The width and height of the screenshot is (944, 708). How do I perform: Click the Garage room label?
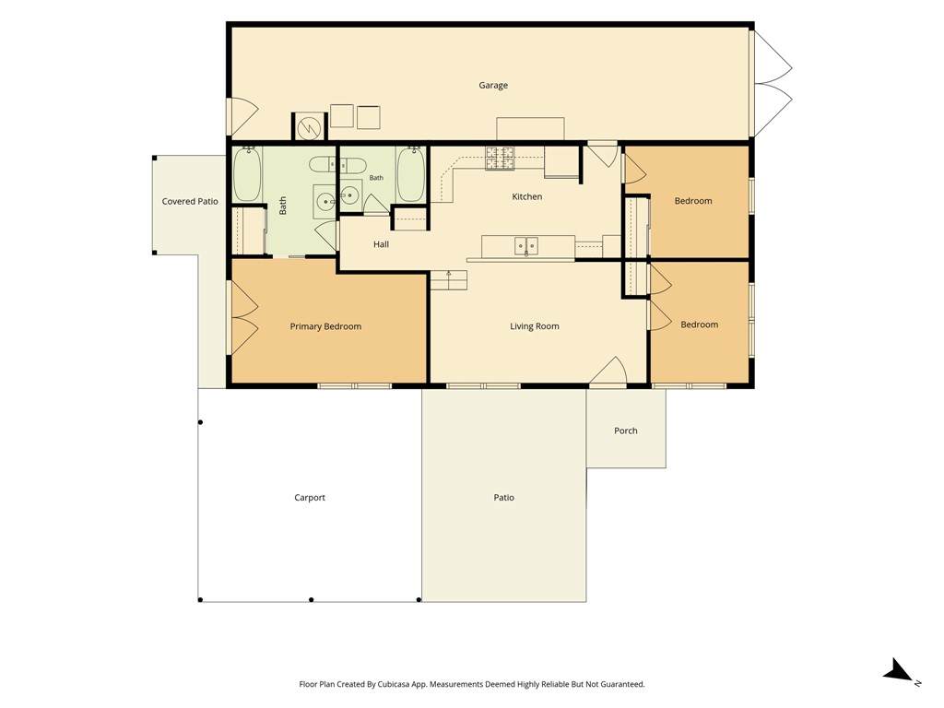pyautogui.click(x=493, y=86)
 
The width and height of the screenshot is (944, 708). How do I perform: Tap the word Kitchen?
pyautogui.click(x=526, y=196)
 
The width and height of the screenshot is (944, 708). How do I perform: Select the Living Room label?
pyautogui.click(x=535, y=326)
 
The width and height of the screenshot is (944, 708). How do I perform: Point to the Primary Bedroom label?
pyautogui.click(x=325, y=326)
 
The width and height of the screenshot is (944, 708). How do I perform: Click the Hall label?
pyautogui.click(x=381, y=244)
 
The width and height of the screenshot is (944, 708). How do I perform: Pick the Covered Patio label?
pyautogui.click(x=190, y=201)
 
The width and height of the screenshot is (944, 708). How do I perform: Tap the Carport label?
pyautogui.click(x=310, y=497)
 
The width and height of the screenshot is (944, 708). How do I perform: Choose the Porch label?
pyautogui.click(x=626, y=431)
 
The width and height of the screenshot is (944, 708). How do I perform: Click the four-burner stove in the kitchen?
pyautogui.click(x=501, y=159)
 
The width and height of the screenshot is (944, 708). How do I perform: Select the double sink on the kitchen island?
pyautogui.click(x=526, y=245)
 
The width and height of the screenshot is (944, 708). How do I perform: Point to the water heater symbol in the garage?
pyautogui.click(x=308, y=126)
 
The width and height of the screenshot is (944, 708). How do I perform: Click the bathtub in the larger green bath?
pyautogui.click(x=247, y=173)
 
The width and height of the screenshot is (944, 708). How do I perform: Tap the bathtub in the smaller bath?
pyautogui.click(x=411, y=173)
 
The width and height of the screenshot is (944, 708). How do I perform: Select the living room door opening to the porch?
pyautogui.click(x=609, y=371)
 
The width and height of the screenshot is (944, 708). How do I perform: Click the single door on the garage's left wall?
pyautogui.click(x=242, y=116)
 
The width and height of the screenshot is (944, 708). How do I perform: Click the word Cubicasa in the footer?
pyautogui.click(x=394, y=684)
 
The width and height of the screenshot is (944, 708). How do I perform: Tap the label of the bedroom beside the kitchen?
pyautogui.click(x=693, y=200)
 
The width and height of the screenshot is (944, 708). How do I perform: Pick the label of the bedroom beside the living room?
pyautogui.click(x=699, y=324)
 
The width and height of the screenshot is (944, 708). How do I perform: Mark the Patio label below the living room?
pyautogui.click(x=504, y=497)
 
